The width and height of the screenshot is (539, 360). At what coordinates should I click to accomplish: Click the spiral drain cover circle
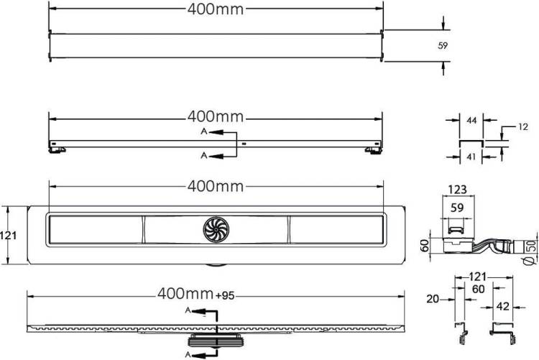coord(216,229)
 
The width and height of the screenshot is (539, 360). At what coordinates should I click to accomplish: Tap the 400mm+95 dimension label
coord(196,294)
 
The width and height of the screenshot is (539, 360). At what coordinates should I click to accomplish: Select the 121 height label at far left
coord(8,236)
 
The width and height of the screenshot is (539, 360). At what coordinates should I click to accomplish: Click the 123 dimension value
coord(458,190)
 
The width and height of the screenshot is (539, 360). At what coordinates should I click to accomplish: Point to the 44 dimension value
coord(471,120)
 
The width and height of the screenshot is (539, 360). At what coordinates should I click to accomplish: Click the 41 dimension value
coord(471,157)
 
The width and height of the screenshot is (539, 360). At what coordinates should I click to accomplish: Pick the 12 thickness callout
coord(522,127)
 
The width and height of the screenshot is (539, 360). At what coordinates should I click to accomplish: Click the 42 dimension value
coord(503,306)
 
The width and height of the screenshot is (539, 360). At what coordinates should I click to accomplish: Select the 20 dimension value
coord(433,299)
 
